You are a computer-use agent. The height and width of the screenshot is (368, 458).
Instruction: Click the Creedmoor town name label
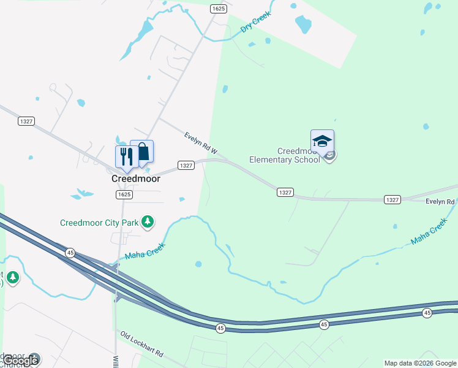pos(135,178)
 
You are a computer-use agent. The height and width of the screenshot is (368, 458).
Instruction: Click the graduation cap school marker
pos(322,142)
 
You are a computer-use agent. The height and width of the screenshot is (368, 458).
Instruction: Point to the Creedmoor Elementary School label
pos(284,155)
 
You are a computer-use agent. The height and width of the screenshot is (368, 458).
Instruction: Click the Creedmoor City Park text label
pos(99,223)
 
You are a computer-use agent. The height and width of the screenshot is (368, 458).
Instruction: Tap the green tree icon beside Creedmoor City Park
pos(147,221)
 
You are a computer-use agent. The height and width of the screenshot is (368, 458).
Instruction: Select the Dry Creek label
pos(256,23)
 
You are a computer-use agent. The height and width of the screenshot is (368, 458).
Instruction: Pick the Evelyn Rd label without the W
pos(440,202)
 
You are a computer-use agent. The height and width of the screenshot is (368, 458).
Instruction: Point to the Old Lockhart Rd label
pos(142,345)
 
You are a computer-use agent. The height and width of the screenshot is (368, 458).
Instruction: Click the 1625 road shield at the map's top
pos(219,9)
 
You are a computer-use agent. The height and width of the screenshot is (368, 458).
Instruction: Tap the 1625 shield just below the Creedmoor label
pos(124,194)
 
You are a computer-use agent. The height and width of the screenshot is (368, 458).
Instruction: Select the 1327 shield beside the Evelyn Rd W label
pos(186,166)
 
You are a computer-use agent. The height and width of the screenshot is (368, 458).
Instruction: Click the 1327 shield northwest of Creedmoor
pos(26,121)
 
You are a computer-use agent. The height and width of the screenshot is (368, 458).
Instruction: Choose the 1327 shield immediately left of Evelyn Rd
pos(392,200)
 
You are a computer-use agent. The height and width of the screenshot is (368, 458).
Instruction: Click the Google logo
pos(21,361)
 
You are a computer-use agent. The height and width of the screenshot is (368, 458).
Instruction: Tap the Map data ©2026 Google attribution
pos(421,363)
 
